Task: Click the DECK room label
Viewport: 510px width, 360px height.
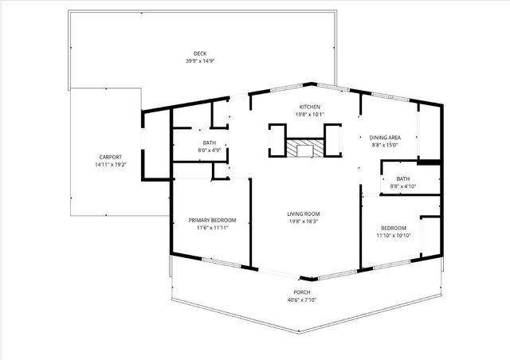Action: tap(188, 53)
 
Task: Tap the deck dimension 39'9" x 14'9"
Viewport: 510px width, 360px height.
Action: tap(188, 61)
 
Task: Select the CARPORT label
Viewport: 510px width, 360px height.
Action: tap(111, 157)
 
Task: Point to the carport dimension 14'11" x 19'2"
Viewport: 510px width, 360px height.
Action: tap(111, 165)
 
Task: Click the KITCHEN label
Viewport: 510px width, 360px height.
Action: tap(309, 107)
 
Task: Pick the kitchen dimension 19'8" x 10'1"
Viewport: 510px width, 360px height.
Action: tap(309, 115)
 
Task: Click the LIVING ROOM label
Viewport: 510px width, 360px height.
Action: tap(303, 213)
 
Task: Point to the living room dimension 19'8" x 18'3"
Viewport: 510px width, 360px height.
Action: tap(303, 221)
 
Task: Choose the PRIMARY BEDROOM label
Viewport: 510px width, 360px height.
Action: tap(212, 220)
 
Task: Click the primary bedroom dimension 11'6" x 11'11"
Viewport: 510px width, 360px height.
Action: tap(212, 228)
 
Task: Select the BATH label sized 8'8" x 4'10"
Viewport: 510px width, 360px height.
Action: tap(402, 178)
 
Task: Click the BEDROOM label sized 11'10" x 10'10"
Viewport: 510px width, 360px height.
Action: tap(393, 227)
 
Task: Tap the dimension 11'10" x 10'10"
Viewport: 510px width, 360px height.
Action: tap(393, 235)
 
